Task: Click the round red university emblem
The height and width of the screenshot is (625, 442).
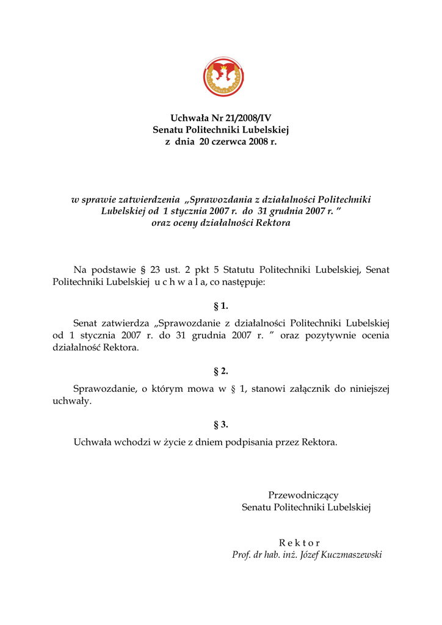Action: (224, 77)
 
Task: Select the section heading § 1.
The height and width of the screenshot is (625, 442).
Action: (220, 306)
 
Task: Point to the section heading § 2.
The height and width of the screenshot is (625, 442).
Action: (220, 371)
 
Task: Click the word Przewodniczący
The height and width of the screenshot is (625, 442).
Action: (303, 495)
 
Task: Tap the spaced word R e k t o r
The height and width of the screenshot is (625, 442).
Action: (299, 543)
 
